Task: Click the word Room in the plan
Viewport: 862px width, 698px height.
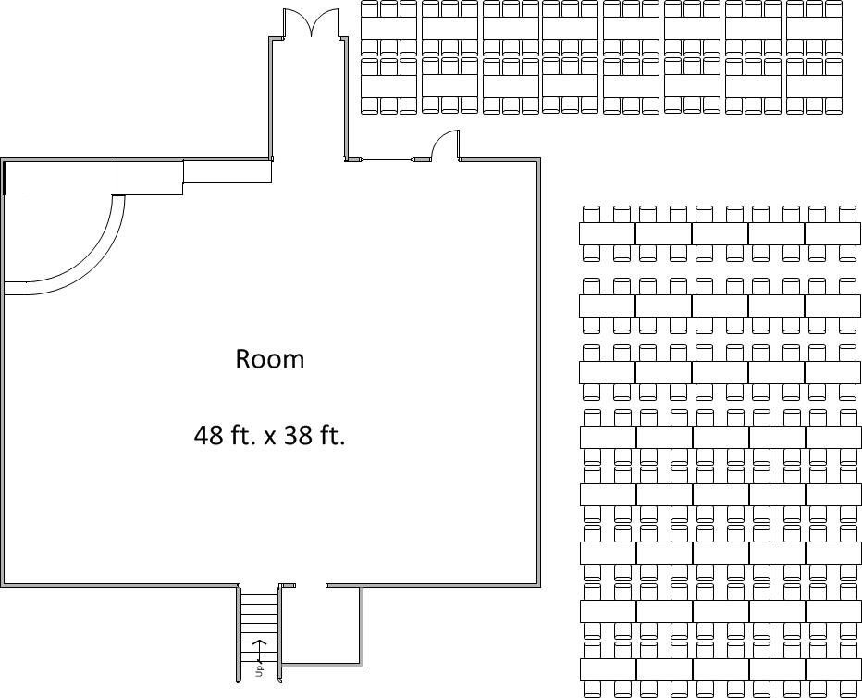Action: pos(269,359)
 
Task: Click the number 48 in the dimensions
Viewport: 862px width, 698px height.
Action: pos(207,436)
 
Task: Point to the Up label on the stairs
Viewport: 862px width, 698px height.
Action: pos(259,669)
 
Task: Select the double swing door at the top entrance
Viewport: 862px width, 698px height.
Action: pos(311,22)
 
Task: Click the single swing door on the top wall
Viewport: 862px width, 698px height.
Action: pos(445,144)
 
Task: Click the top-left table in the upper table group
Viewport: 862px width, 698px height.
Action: pos(388,28)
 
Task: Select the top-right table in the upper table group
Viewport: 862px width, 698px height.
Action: pos(814,28)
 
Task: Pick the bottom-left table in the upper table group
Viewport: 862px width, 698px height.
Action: pos(388,85)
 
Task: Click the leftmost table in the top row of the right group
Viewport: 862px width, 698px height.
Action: pos(607,234)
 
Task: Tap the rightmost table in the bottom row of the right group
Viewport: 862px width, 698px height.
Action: pos(833,669)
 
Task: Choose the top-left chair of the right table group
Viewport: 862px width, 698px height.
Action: pos(590,215)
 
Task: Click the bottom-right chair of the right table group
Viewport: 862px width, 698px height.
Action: pos(848,689)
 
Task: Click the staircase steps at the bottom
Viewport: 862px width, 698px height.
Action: pos(259,632)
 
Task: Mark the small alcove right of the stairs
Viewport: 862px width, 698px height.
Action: pos(321,626)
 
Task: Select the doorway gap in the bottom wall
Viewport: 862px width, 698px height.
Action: pos(311,585)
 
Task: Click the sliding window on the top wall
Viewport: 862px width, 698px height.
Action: pos(387,160)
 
